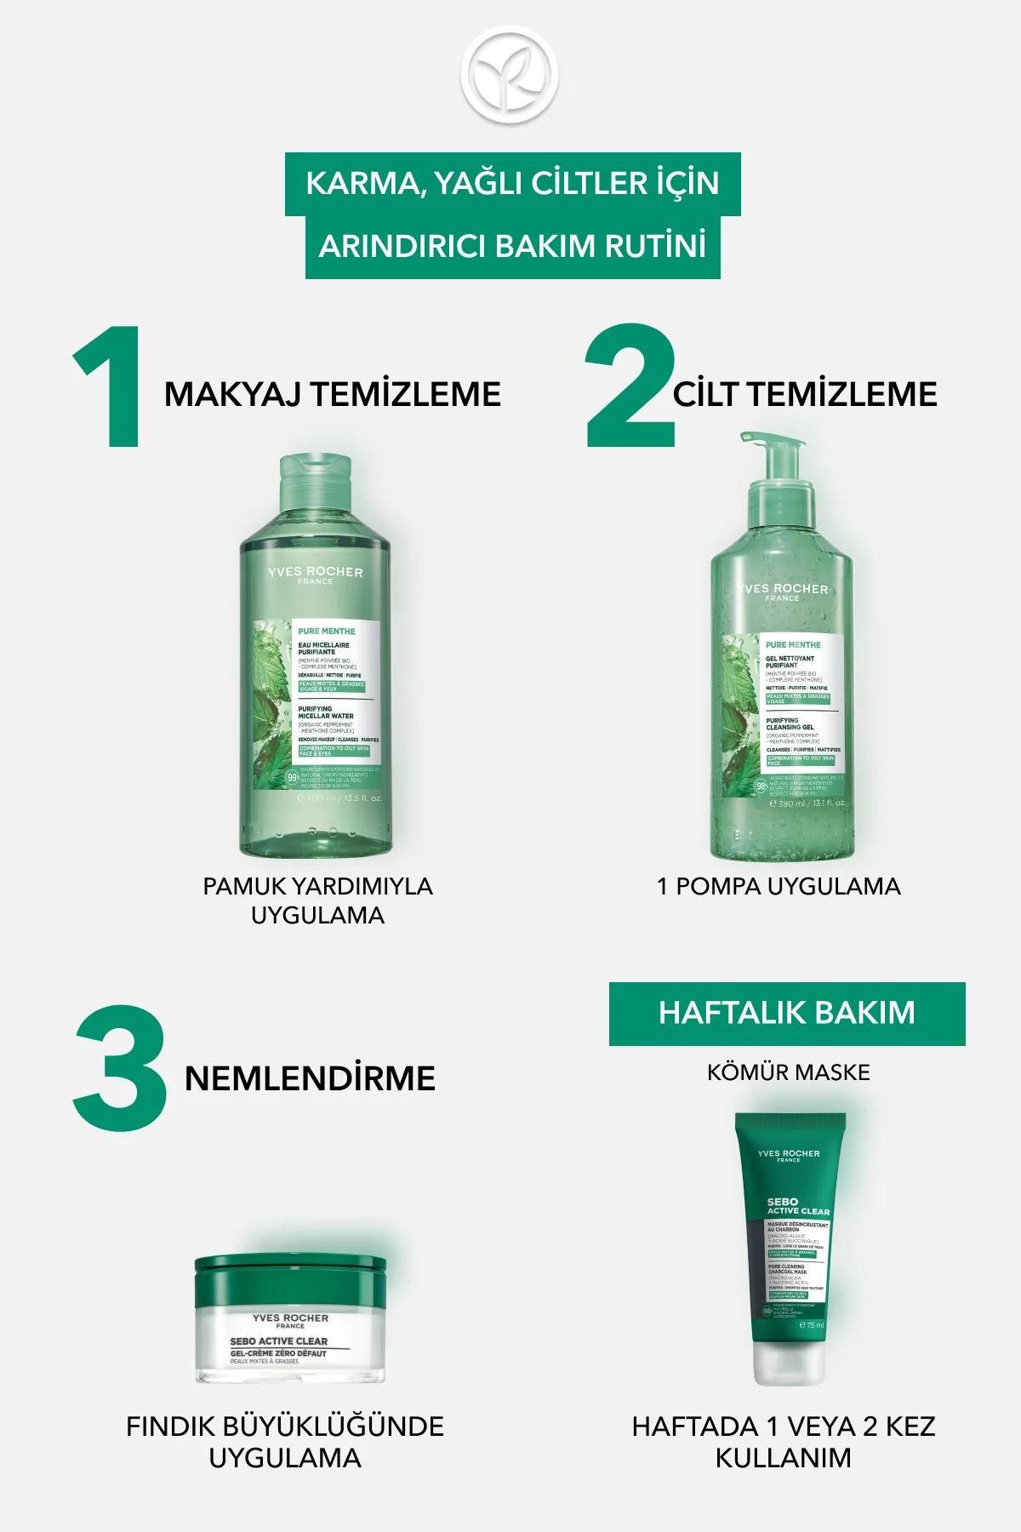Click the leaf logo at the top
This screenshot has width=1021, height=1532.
[x=510, y=74]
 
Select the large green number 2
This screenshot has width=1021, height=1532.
[x=630, y=387]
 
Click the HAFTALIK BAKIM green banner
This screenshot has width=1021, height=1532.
[x=787, y=1014]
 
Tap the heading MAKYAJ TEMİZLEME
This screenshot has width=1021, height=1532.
[x=333, y=395]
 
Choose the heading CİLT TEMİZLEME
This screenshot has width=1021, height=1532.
[x=805, y=395]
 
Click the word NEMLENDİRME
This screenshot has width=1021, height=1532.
[x=310, y=1078]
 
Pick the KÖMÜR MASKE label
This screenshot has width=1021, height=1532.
[x=788, y=1072]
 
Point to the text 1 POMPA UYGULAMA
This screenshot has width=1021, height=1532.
[x=779, y=886]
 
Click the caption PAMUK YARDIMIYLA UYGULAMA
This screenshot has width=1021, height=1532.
[x=317, y=900]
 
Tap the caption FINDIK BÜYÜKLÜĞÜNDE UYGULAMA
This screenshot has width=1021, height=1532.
[x=285, y=1442]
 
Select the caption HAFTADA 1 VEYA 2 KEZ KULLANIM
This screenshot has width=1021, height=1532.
[x=784, y=1442]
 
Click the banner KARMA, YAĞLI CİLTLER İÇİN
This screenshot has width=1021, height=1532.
[x=512, y=184]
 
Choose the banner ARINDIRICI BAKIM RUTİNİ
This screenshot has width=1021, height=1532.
[x=512, y=247]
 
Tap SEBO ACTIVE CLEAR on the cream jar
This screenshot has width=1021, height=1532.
[x=279, y=1340]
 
